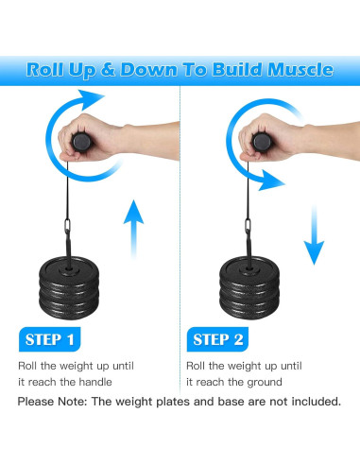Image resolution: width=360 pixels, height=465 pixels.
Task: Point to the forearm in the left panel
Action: (x=142, y=136)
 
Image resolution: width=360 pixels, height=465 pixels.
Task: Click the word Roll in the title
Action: (x=47, y=69)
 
